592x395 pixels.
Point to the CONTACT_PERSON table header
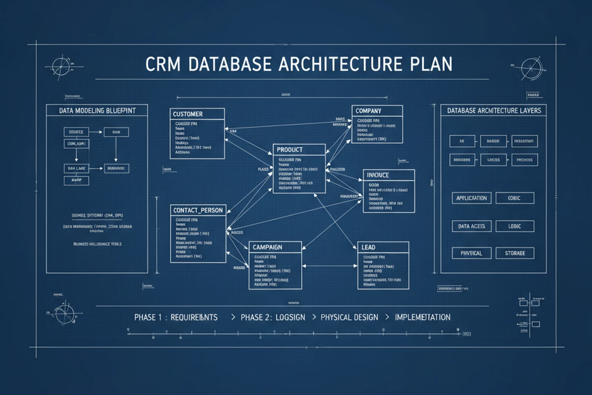coord(198,210)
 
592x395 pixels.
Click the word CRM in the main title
coord(163,64)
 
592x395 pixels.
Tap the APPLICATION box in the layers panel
coord(471,198)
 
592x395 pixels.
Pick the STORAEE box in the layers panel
coord(515,253)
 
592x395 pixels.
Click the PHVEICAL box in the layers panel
coord(471,253)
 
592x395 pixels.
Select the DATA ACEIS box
coord(471,226)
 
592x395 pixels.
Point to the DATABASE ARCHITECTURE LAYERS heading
coord(494,111)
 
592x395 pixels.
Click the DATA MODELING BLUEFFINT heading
coord(97,111)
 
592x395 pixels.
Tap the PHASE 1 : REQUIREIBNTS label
coord(176,317)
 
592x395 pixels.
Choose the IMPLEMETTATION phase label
coord(422,317)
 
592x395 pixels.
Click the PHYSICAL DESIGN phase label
coord(349,317)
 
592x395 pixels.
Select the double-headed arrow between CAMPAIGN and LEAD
coord(330,266)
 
